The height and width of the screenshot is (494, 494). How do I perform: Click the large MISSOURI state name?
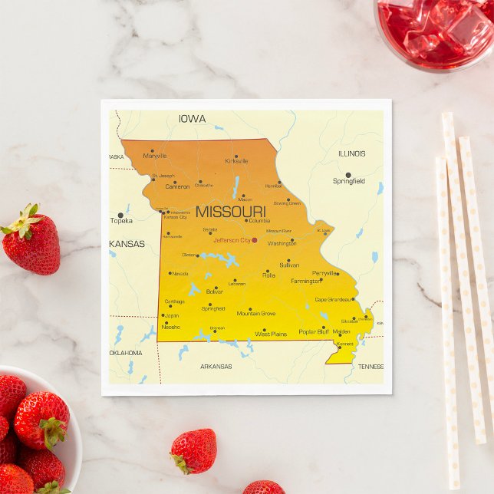click(230, 211)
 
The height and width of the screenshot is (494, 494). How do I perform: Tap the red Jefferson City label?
click(232, 240)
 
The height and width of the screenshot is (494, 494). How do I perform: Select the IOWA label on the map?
click(192, 119)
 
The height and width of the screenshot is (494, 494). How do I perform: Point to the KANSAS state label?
click(127, 244)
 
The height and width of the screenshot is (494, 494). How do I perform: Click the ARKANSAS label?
click(216, 367)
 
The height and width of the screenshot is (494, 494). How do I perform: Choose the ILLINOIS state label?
click(351, 153)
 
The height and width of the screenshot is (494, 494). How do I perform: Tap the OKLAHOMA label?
click(125, 353)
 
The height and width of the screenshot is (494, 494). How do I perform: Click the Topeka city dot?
click(120, 215)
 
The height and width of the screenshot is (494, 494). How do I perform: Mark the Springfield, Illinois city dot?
click(348, 175)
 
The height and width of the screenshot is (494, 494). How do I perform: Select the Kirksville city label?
click(236, 161)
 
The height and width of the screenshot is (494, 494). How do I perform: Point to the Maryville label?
click(154, 156)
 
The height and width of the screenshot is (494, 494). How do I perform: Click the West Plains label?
click(270, 334)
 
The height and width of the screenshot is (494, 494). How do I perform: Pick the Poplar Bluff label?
click(313, 332)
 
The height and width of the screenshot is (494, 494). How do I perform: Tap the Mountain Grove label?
click(256, 313)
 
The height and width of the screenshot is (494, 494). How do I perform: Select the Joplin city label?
click(171, 315)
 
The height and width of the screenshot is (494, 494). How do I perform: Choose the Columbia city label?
click(259, 220)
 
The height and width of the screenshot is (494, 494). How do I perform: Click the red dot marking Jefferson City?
click(254, 240)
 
